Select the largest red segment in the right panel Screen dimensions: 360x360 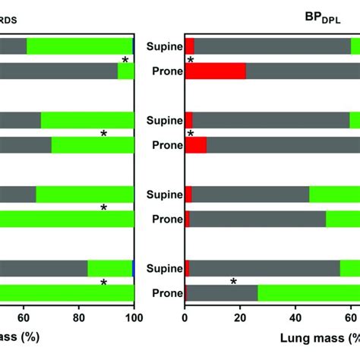point(215,71)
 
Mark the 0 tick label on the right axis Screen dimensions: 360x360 point(185,321)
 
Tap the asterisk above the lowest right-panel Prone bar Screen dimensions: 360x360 point(233,282)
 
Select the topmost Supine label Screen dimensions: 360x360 point(165,46)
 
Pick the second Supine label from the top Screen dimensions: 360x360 point(165,120)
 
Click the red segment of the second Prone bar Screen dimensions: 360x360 point(196,145)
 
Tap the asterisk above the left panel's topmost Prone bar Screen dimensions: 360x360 point(126,60)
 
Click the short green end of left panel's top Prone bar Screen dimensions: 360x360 point(126,71)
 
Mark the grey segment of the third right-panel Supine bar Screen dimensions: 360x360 point(251,194)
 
